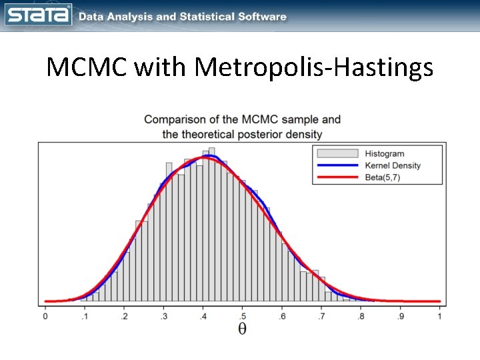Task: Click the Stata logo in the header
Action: pos(39,15)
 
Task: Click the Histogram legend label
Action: pos(384,153)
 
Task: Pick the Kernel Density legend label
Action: pos(393,165)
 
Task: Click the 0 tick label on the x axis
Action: pos(45,317)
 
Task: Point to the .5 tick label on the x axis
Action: pos(242,317)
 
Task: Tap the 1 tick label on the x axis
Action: pos(440,317)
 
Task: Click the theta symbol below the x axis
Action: pos(242,329)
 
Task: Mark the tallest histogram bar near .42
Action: pos(211,227)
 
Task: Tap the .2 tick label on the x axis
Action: pos(123,317)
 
